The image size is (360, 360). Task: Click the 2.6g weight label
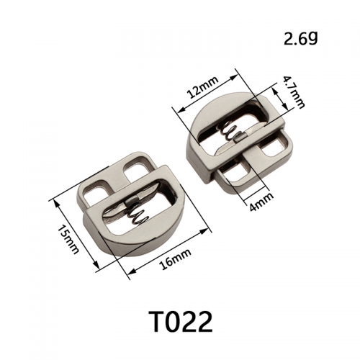click(301, 39)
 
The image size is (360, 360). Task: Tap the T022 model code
click(180, 322)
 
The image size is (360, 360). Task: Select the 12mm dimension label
click(203, 87)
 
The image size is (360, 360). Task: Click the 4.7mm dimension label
click(294, 92)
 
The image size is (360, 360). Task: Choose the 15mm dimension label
click(68, 240)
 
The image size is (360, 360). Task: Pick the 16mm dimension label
click(176, 259)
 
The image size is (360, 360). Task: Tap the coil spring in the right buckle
click(230, 132)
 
